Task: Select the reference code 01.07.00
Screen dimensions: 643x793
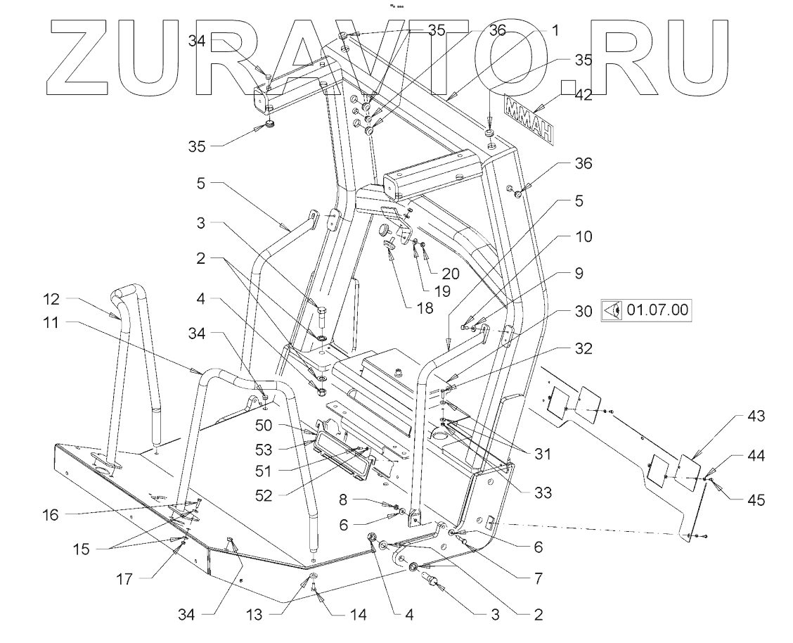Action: pyautogui.click(x=658, y=310)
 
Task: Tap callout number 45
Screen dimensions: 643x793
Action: pyautogui.click(x=755, y=501)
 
